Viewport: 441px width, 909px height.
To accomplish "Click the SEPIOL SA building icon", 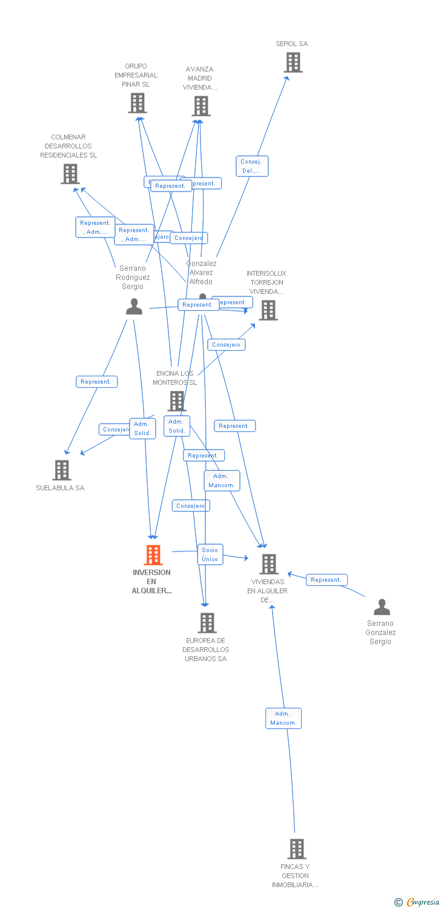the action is pos(293,62).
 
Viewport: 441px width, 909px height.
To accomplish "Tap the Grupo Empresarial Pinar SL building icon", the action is pos(138,103).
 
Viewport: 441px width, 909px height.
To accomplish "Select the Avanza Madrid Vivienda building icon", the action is pos(201,106).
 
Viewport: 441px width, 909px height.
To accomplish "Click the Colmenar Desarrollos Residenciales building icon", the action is pos(70,174).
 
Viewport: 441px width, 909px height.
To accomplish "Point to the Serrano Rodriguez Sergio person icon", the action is pos(134,307).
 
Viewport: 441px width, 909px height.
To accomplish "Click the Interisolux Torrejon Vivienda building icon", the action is pos(268,310).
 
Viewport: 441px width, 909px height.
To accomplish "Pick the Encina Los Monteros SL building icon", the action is pos(176,401).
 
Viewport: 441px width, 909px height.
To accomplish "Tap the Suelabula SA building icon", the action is pos(61,470).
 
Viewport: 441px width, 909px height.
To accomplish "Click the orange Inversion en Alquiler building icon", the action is pos(153,554).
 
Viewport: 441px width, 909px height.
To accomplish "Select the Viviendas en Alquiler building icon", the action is pos(268,564).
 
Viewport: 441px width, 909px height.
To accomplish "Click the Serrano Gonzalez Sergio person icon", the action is pos(382,607).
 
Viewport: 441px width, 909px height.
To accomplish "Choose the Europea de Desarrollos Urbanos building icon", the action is pos(207,622).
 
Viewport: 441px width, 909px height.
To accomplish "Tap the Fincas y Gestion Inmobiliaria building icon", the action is pos(297,848).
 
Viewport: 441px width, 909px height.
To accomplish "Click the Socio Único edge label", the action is pos(210,554).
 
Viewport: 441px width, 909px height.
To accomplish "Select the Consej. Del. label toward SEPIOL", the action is pos(251,166).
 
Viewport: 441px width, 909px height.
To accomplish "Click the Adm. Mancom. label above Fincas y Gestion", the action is pos(283,718).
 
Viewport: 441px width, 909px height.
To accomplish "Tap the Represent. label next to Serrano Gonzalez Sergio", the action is pos(327,580).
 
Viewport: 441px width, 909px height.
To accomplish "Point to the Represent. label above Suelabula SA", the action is pos(96,382).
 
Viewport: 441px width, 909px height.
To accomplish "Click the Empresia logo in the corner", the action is pos(417,902).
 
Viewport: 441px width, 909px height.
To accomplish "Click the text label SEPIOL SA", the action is pos(292,44).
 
